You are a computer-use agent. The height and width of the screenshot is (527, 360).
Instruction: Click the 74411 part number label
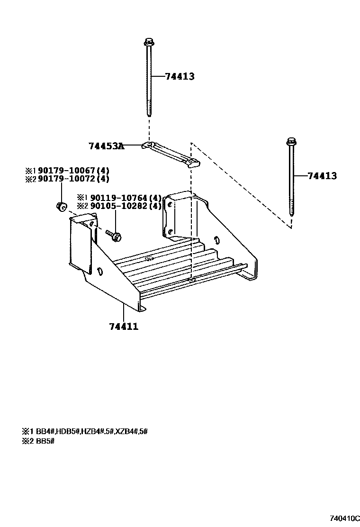(x=124, y=326)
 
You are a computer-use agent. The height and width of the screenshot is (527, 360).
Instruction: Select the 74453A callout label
(x=106, y=146)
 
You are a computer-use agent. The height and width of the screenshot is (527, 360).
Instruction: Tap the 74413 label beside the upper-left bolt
(x=180, y=76)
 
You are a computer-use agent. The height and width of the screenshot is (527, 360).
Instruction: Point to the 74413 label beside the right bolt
(x=322, y=176)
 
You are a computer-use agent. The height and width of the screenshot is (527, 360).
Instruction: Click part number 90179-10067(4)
(x=73, y=170)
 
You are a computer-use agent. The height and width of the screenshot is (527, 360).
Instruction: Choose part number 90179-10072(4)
(x=73, y=179)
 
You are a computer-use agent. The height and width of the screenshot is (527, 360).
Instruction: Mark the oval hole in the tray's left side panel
(x=100, y=271)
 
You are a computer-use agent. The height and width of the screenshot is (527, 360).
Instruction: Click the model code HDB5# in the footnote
(x=68, y=431)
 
